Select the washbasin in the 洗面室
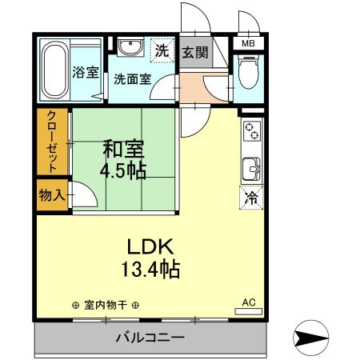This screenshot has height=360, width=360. (x=128, y=50)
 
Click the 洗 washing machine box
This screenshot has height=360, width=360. (x=162, y=50)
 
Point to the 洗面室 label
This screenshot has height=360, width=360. (x=131, y=79)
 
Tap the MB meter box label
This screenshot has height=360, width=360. (x=248, y=44)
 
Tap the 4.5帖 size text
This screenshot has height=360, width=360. (x=122, y=171)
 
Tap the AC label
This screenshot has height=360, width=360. (x=249, y=302)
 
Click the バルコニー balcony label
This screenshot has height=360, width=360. (x=150, y=337)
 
